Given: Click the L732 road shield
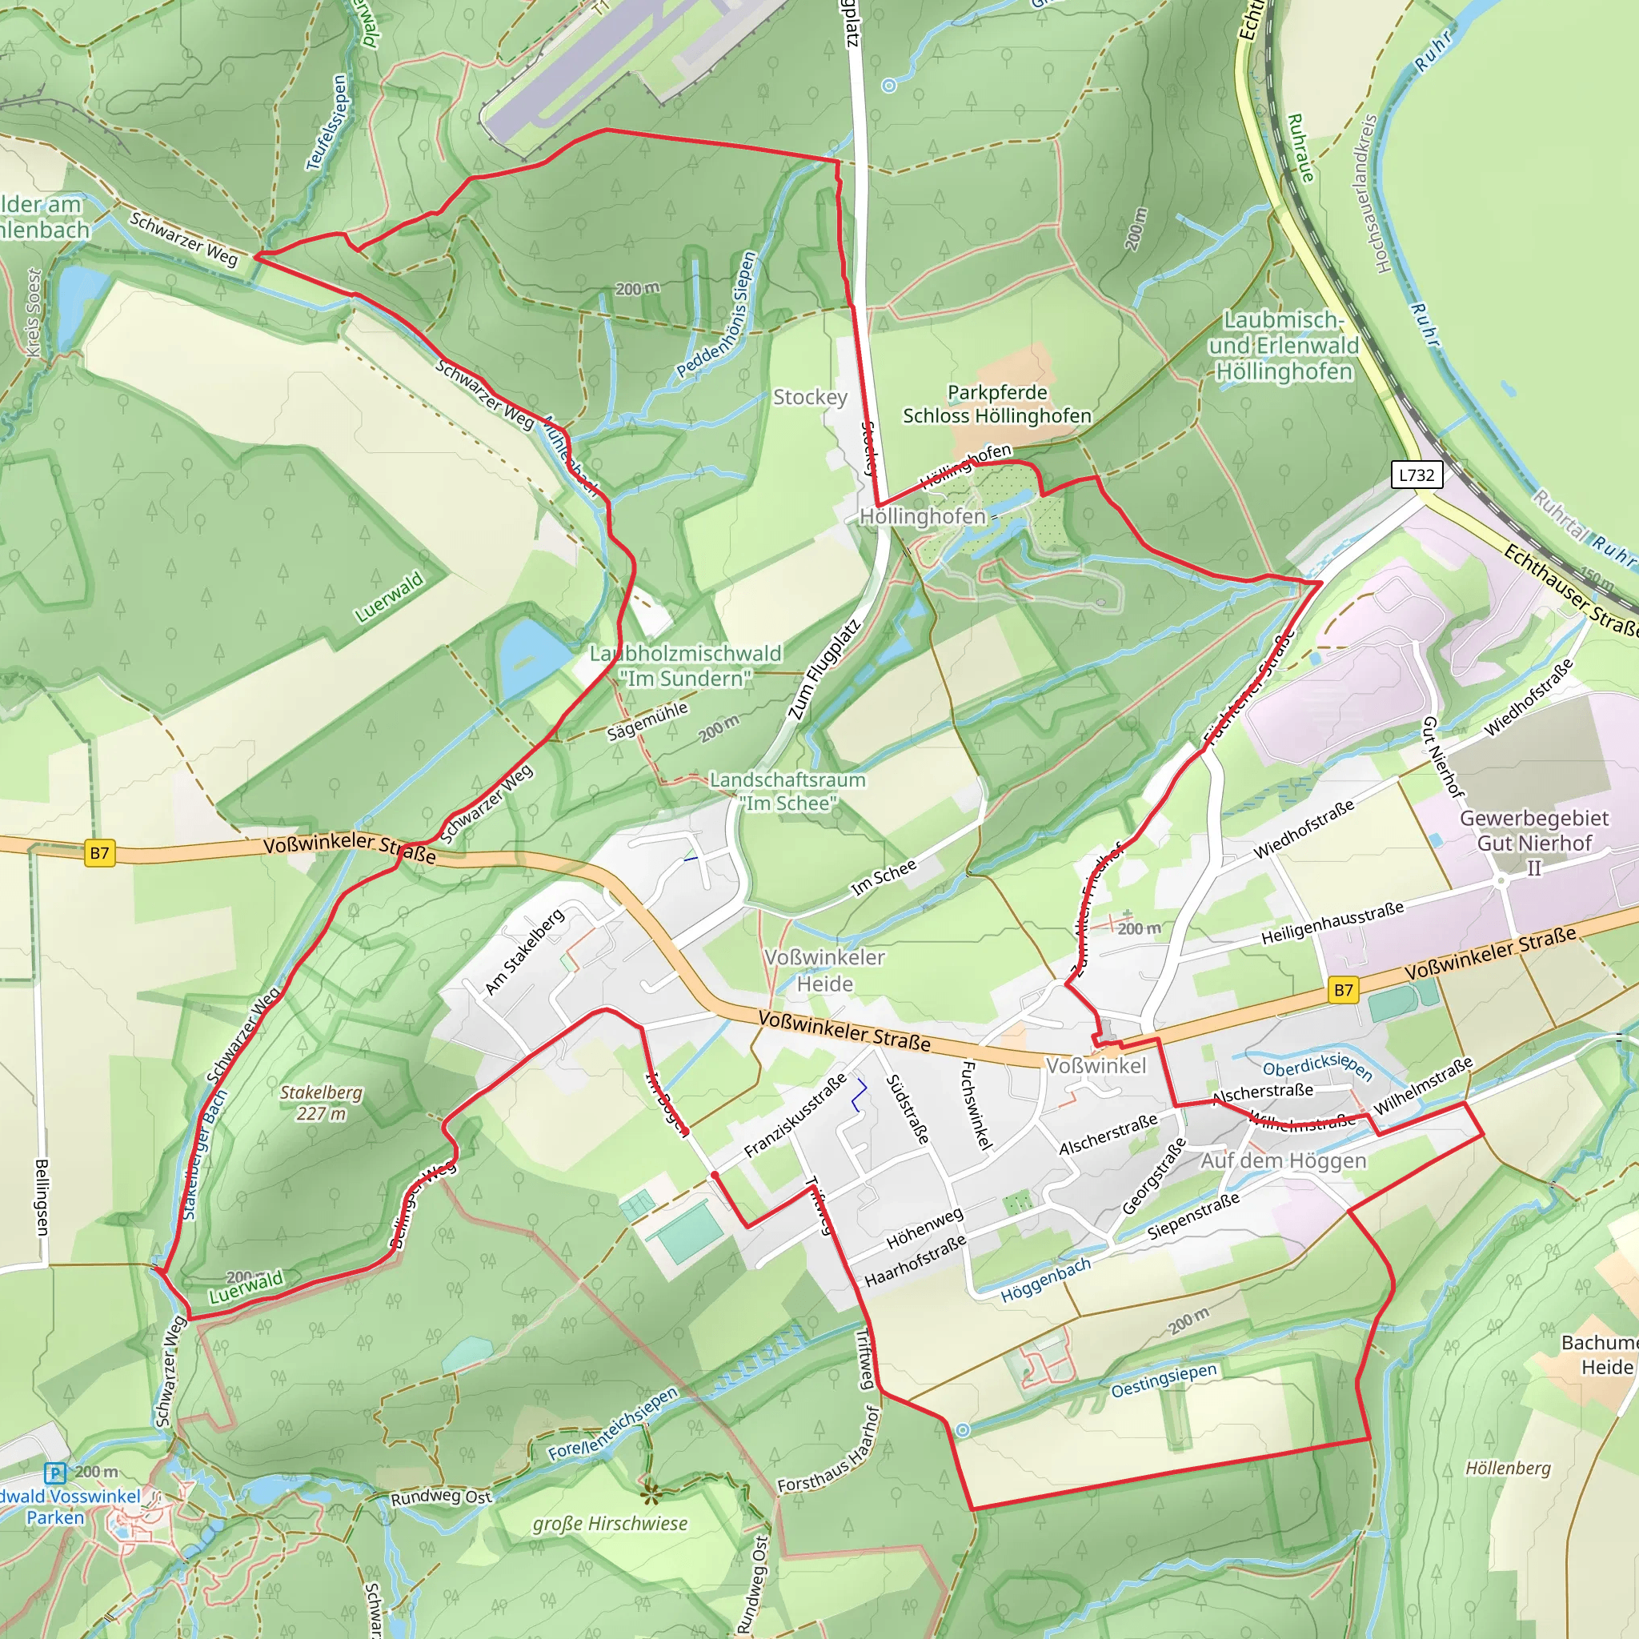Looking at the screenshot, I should click(1416, 475).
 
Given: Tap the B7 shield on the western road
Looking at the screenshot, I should click(99, 852).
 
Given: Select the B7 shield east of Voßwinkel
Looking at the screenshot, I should click(1343, 989).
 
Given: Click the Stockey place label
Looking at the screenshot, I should click(809, 397).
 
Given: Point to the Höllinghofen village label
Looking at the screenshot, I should click(922, 516).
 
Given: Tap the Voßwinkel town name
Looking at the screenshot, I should click(1096, 1065).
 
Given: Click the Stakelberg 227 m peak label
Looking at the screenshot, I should click(321, 1103).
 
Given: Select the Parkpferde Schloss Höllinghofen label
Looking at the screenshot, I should click(997, 404).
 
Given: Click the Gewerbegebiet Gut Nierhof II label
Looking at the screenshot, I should click(1534, 843).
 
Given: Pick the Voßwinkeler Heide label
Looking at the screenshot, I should click(824, 970).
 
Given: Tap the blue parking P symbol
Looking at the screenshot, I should click(54, 1473).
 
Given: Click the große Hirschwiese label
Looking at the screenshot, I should click(609, 1524).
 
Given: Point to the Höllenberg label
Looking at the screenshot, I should click(1508, 1468).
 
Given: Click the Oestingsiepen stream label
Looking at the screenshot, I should click(1164, 1380).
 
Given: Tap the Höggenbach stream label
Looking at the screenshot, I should click(1045, 1281).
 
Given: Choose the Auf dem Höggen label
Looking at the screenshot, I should click(1283, 1160).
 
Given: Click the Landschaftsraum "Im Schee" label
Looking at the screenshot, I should click(787, 791).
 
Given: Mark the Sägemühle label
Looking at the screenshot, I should click(647, 721).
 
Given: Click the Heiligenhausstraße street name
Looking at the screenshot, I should click(1332, 923).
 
